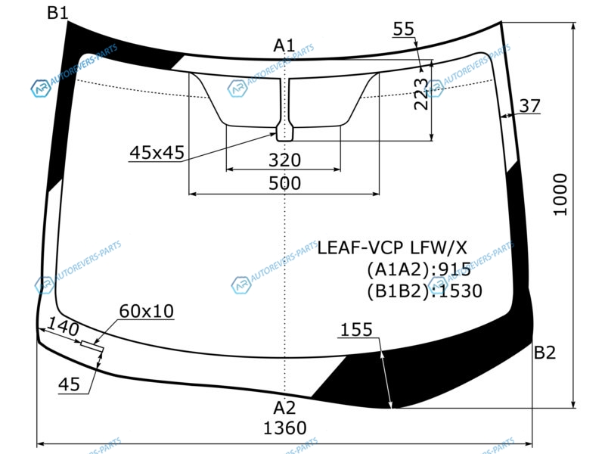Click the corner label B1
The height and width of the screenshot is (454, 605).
pyautogui.click(x=57, y=13)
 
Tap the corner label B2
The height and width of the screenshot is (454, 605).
pyautogui.click(x=544, y=353)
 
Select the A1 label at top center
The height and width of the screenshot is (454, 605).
pyautogui.click(x=284, y=45)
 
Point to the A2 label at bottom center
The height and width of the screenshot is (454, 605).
pyautogui.click(x=284, y=408)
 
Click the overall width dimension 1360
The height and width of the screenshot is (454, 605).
pyautogui.click(x=285, y=428)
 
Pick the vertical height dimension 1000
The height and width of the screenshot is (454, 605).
pyautogui.click(x=560, y=194)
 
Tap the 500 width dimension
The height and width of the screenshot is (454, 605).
pyautogui.click(x=284, y=183)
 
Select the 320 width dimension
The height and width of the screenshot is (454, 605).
pyautogui.click(x=284, y=160)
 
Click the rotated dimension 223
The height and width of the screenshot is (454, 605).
pyautogui.click(x=420, y=94)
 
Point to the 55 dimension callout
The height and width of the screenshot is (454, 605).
pyautogui.click(x=404, y=29)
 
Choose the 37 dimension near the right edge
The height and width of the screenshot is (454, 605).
pyautogui.click(x=529, y=106)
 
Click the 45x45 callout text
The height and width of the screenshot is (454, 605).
pyautogui.click(x=157, y=153)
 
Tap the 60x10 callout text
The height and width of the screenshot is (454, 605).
pyautogui.click(x=146, y=311)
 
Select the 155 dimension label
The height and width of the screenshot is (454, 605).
pyautogui.click(x=356, y=330)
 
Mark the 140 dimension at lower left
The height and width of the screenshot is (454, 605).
pyautogui.click(x=63, y=328)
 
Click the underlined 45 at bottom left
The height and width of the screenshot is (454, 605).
pyautogui.click(x=69, y=384)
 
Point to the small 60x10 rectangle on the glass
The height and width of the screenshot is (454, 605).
pyautogui.click(x=92, y=346)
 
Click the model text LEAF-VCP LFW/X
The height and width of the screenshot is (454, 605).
pyautogui.click(x=392, y=248)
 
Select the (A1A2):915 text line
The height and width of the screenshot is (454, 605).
pyautogui.click(x=419, y=269)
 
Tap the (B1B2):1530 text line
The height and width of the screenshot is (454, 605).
pyautogui.click(x=424, y=291)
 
